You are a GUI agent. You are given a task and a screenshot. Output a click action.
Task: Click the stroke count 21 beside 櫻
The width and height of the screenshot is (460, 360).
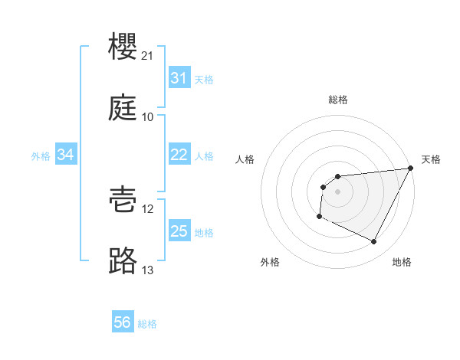pos(148,56)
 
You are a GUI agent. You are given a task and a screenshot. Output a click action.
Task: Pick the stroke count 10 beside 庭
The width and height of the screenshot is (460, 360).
pos(148,117)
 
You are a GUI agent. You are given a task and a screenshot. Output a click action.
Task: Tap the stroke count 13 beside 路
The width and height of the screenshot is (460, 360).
pos(148,270)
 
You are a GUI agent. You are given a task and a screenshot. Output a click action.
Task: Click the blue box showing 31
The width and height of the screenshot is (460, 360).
pos(179,78)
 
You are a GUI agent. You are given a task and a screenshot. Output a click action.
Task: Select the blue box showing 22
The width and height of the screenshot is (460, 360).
pos(179,155)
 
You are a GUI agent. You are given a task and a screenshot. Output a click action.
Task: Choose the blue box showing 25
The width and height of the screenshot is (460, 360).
pos(179,231)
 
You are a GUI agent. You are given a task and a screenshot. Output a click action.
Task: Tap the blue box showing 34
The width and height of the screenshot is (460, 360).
pos(65,155)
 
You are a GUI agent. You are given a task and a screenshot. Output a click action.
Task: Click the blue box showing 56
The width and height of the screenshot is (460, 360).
pos(122,322)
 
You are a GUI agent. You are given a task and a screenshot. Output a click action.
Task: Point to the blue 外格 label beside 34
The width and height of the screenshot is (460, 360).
pos(41,155)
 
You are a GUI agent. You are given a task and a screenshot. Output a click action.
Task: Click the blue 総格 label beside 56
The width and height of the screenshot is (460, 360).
pos(147,323)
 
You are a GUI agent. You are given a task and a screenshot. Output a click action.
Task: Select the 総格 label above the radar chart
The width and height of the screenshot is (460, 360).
pos(338,100)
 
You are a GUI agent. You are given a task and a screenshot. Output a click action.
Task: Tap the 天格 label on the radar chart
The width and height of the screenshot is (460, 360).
pos(431,159)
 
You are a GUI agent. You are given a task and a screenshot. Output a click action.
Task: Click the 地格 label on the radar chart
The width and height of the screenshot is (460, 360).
pos(402,262)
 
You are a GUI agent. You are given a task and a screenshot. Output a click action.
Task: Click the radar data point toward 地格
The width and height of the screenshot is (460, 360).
pos(374,242)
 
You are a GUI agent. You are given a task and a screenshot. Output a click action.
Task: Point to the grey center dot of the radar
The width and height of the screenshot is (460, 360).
pos(337,191)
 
